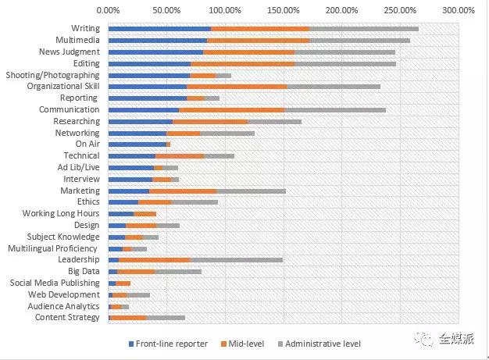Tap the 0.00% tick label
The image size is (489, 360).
(x=108, y=11)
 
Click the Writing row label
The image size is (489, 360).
(x=85, y=29)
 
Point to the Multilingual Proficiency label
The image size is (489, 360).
(x=54, y=248)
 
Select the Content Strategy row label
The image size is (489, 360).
(x=67, y=317)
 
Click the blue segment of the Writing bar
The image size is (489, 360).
(x=159, y=29)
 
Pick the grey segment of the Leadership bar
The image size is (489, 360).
(x=236, y=259)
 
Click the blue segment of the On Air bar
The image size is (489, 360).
(x=137, y=144)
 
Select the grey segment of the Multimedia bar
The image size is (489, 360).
(x=359, y=40)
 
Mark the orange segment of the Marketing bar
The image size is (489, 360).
(x=183, y=191)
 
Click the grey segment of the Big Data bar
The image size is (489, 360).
(x=178, y=271)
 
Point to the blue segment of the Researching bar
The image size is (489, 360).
(x=140, y=121)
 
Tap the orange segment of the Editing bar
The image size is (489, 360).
(x=242, y=63)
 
